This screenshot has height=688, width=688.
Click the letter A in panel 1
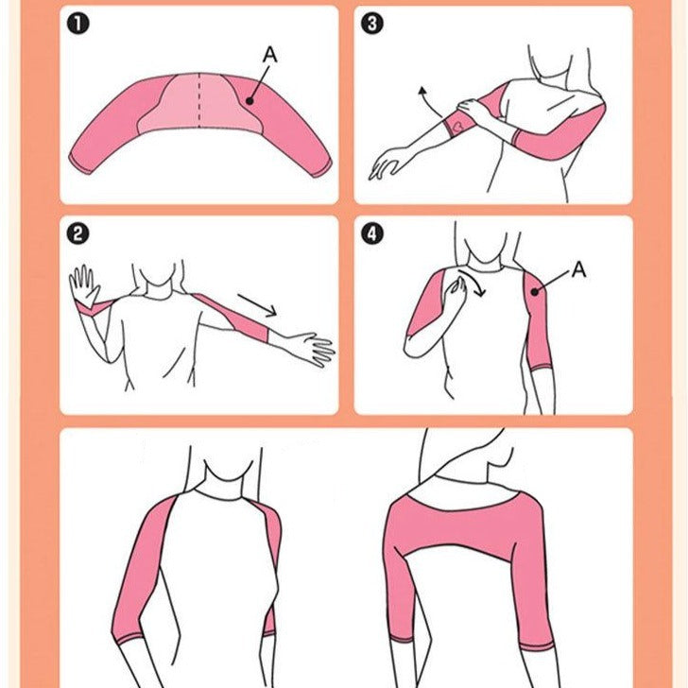[269, 56]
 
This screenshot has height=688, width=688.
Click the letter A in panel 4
[578, 270]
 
